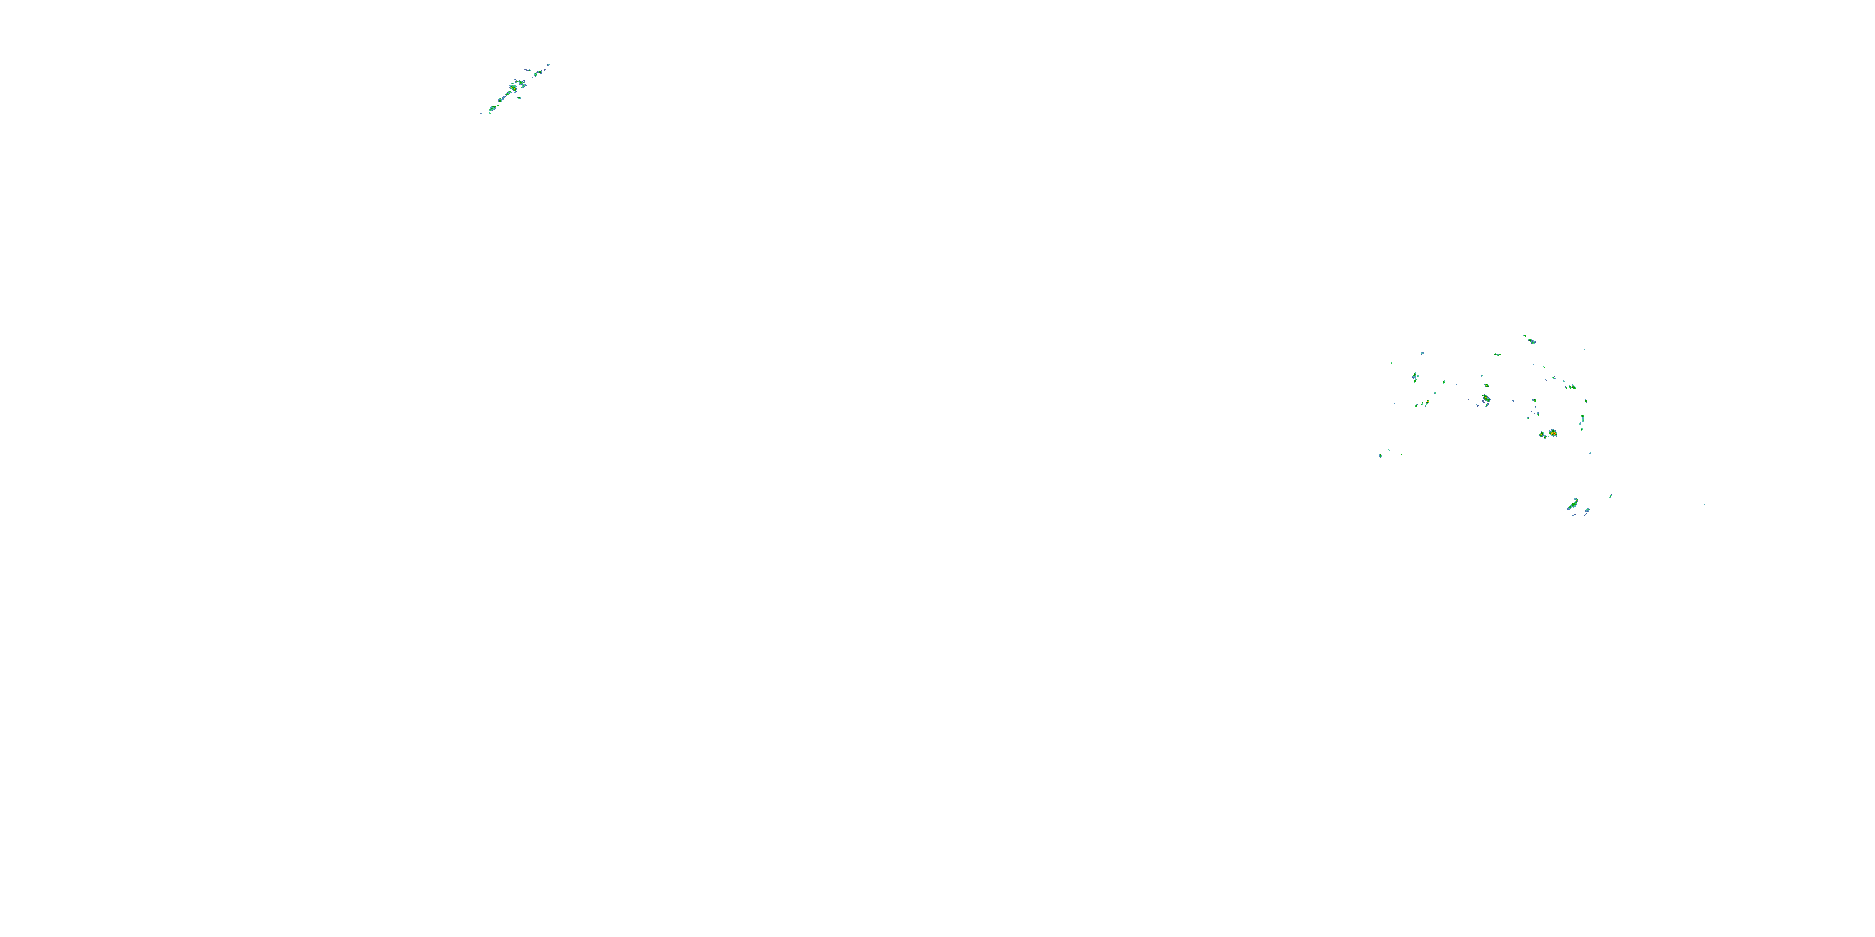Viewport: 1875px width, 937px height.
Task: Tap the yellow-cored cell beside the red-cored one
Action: (1542, 434)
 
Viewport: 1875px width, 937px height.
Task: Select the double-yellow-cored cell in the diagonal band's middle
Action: (513, 88)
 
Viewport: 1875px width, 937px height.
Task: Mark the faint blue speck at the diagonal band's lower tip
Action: (482, 114)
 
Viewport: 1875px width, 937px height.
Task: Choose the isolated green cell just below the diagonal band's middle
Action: (519, 98)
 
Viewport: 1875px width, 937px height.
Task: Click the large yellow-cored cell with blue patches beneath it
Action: (1486, 399)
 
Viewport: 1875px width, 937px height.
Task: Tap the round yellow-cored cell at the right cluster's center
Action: (1534, 401)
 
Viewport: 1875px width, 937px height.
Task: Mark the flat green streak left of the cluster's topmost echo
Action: (1498, 355)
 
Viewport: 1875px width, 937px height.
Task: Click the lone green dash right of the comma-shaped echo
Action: (1611, 496)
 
